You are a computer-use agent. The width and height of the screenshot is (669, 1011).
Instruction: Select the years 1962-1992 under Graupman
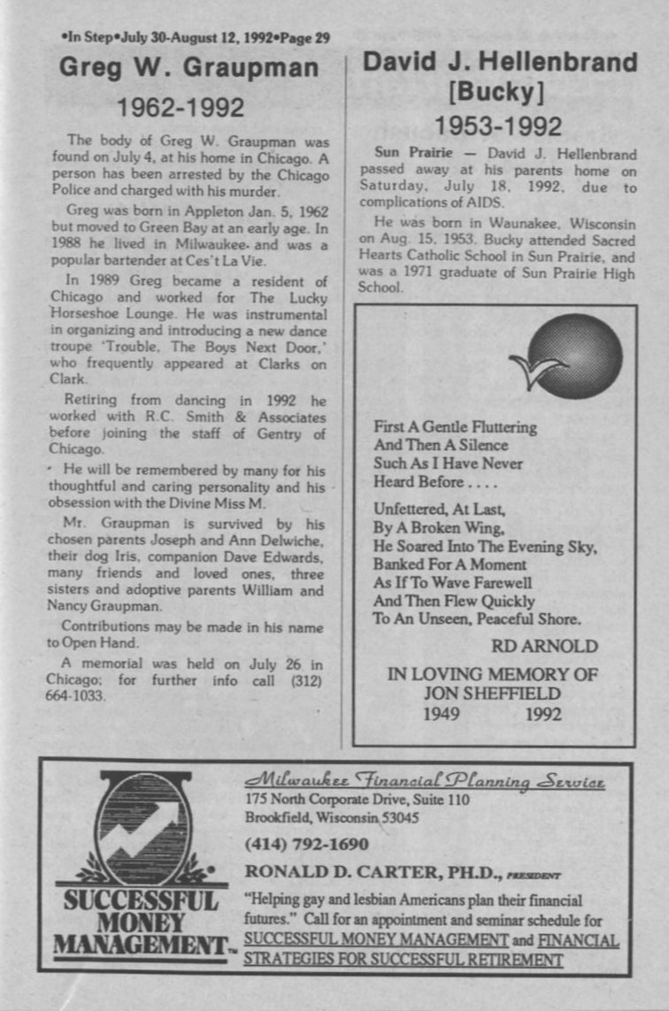181,108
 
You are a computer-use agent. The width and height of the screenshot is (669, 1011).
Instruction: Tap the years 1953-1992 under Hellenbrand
498,126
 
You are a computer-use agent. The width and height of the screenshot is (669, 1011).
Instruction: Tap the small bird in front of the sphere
536,369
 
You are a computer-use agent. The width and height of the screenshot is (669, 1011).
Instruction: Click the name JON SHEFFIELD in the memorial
492,693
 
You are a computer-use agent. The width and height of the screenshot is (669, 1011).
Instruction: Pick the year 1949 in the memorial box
440,714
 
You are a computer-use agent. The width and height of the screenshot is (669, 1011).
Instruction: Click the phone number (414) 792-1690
306,843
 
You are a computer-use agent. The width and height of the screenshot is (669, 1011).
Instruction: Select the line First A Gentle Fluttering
455,427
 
